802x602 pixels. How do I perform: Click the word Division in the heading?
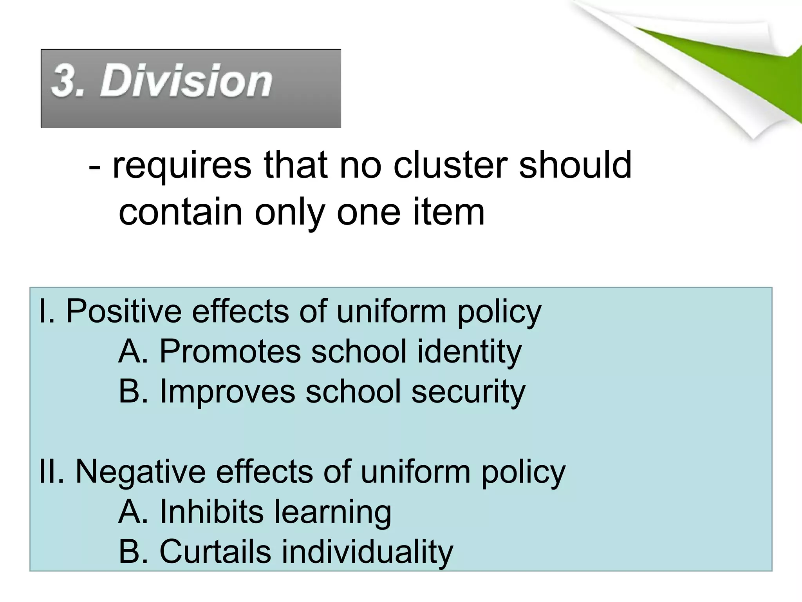pyautogui.click(x=186, y=81)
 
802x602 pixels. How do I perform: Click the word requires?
pyautogui.click(x=182, y=165)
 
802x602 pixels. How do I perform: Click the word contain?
pyautogui.click(x=181, y=212)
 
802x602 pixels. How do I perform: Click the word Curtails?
pyautogui.click(x=215, y=551)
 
